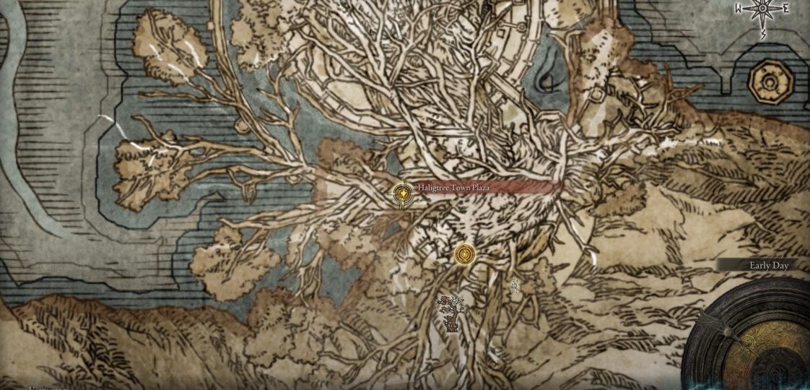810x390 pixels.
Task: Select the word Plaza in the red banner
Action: pyautogui.click(x=480, y=188)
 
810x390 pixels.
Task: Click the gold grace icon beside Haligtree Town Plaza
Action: pyautogui.click(x=403, y=194)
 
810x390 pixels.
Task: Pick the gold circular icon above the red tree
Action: pyautogui.click(x=466, y=254)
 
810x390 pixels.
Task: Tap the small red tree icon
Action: pyautogui.click(x=451, y=312)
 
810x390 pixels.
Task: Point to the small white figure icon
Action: pyautogui.click(x=515, y=287)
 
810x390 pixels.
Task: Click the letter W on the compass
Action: pyautogui.click(x=739, y=9)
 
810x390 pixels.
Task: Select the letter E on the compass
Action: pyautogui.click(x=785, y=9)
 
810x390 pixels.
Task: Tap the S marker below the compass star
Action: pyautogui.click(x=763, y=34)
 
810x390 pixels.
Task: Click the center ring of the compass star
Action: pyautogui.click(x=762, y=9)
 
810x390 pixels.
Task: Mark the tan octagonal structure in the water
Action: pyautogui.click(x=770, y=82)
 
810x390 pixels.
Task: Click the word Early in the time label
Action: pyautogui.click(x=759, y=266)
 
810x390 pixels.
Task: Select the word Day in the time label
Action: pyautogui.click(x=780, y=266)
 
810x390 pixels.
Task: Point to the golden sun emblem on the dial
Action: pyautogui.click(x=749, y=342)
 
